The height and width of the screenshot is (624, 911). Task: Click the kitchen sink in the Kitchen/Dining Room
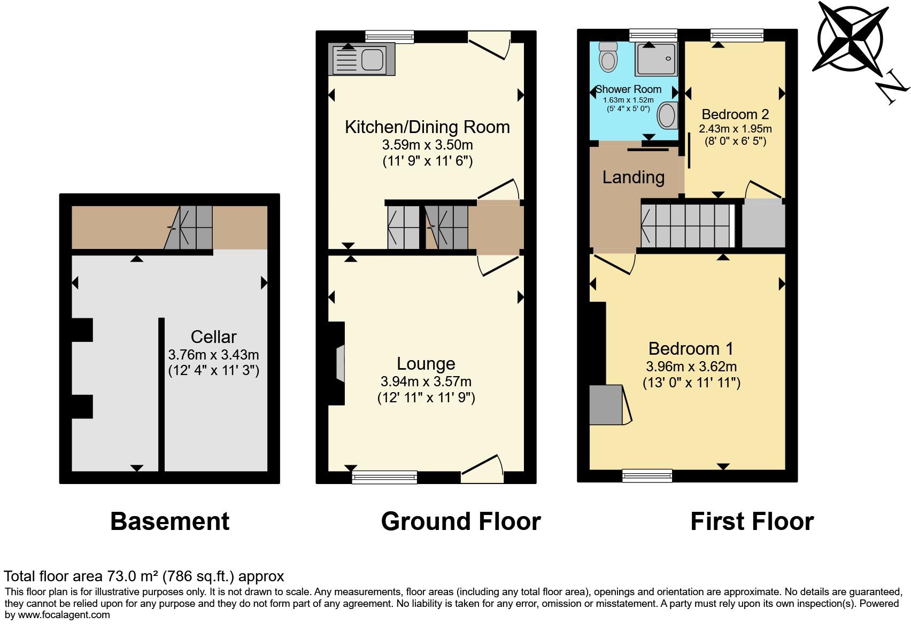tap(362, 59)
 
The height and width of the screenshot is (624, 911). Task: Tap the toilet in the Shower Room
tap(608, 57)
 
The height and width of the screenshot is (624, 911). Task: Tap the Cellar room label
tap(213, 337)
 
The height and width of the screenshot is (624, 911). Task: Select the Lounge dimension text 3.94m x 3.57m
tap(426, 381)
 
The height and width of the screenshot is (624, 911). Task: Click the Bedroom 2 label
tap(735, 114)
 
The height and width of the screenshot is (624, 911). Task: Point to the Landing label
tap(633, 177)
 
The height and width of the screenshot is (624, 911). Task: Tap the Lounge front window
tap(384, 477)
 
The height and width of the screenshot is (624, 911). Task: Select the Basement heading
tap(169, 521)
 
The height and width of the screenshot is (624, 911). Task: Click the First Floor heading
tap(752, 521)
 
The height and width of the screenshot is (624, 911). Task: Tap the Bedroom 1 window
tap(647, 475)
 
